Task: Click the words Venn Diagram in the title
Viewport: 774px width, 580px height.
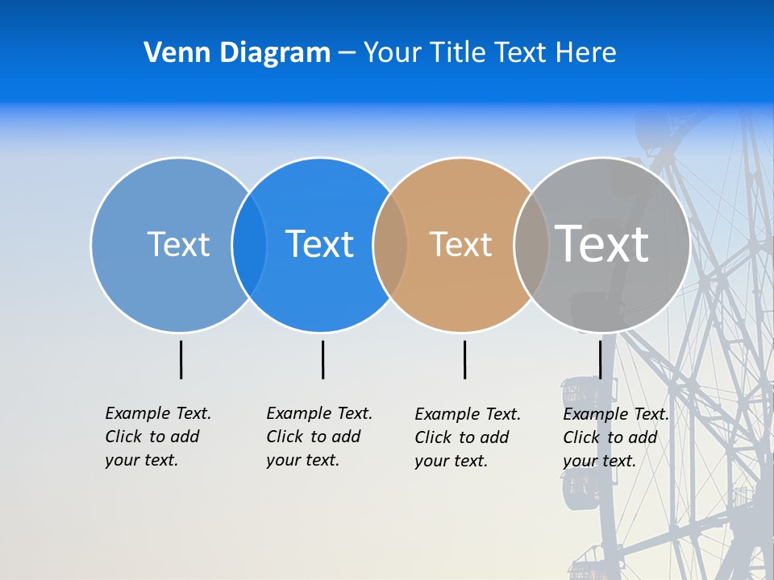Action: click(237, 53)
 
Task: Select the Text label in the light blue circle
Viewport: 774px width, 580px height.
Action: click(178, 244)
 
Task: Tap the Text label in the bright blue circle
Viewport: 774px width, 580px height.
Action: click(319, 244)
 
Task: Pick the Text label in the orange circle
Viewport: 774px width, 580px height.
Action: click(460, 244)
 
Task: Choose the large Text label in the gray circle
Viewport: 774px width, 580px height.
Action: click(602, 243)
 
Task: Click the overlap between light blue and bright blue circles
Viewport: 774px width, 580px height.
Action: click(249, 245)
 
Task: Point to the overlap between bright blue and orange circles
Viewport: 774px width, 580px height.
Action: click(390, 245)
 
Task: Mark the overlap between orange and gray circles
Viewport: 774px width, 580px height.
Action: click(531, 245)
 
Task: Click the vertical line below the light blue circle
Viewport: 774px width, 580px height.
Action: click(181, 359)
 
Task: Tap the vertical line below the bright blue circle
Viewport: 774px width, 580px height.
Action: click(322, 359)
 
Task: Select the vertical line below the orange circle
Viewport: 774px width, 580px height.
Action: click(464, 359)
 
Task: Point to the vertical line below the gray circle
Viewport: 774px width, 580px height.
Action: click(600, 359)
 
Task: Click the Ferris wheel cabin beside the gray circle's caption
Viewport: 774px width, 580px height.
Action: click(577, 395)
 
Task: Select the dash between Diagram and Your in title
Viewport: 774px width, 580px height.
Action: click(347, 53)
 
